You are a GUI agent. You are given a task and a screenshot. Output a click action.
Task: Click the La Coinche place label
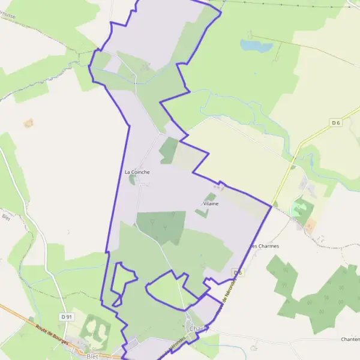(137, 172)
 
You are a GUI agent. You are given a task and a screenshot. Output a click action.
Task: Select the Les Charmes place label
(265, 245)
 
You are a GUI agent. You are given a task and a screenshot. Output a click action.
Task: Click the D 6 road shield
(336, 123)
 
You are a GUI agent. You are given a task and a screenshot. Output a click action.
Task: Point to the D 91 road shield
(66, 316)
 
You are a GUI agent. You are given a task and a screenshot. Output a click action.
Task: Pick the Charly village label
(197, 329)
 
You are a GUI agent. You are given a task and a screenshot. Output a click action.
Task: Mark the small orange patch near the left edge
(28, 123)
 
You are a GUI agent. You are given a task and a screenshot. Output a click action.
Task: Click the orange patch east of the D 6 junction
(310, 225)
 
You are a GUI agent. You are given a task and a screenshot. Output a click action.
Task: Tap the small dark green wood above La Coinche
(169, 150)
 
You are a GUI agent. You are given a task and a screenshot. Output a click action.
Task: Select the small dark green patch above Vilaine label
(211, 196)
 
